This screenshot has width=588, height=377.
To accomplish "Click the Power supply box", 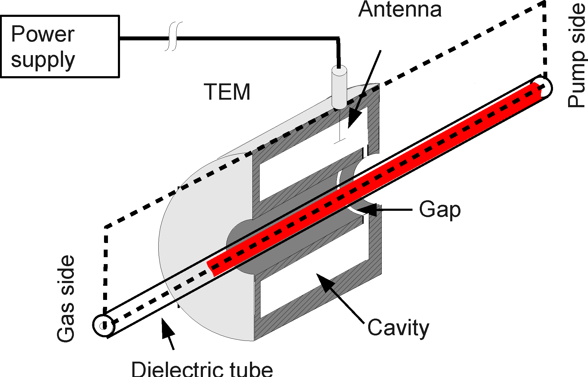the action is [60, 46].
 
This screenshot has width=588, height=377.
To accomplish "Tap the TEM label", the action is [227, 92].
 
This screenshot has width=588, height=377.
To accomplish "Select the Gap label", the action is [440, 210].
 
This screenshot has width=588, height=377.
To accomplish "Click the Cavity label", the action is [398, 328].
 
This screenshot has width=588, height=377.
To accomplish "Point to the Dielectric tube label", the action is [202, 369].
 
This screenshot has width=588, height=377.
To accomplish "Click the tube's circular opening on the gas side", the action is [103, 326].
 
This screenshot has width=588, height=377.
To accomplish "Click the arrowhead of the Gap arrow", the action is [369, 210].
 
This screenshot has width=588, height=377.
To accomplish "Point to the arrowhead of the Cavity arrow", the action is [323, 282].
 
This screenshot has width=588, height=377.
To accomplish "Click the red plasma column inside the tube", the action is [374, 179].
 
